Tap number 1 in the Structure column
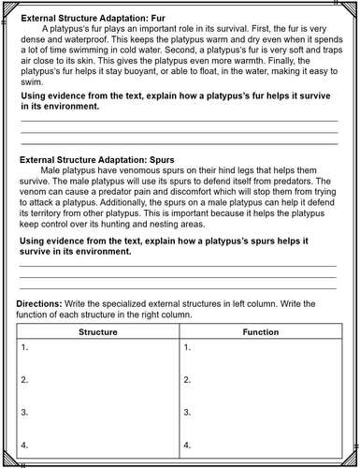coord(24,347)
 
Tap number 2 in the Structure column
coord(24,379)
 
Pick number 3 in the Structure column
coord(24,411)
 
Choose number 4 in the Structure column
coord(24,443)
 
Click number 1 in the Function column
coord(188,347)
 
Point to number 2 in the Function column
coord(188,379)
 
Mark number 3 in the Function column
coord(188,411)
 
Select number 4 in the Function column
coord(188,443)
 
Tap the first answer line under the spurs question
coord(178,266)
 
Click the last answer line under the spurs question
coord(178,287)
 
